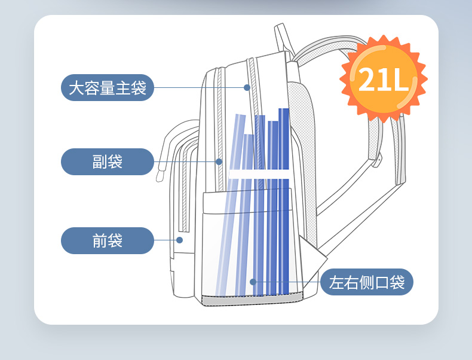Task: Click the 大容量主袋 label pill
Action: click(x=108, y=88)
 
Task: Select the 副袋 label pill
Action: click(x=108, y=161)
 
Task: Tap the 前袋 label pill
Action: click(x=108, y=240)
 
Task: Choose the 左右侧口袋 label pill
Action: click(x=367, y=282)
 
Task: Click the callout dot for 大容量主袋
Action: click(x=247, y=87)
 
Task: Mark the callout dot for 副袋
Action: click(x=219, y=161)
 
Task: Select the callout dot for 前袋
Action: click(x=179, y=240)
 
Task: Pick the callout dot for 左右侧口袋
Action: click(x=253, y=282)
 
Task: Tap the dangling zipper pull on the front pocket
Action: click(x=160, y=175)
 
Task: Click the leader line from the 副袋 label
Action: click(x=185, y=161)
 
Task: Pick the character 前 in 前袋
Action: click(x=99, y=240)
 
